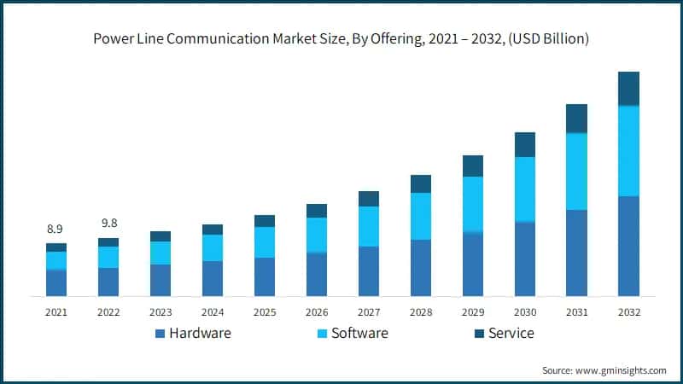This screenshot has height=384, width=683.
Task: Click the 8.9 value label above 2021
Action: coord(55,229)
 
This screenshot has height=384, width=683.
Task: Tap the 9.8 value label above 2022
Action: coord(108,223)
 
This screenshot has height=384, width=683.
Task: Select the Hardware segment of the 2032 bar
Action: coord(628,246)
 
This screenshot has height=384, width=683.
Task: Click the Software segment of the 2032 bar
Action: coord(628,151)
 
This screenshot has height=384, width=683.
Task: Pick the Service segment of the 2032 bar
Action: coord(628,89)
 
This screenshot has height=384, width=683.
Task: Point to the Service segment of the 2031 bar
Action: coord(576,119)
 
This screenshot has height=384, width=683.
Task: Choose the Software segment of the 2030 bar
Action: coord(524,189)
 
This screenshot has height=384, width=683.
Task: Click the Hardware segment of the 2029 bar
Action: coord(472,265)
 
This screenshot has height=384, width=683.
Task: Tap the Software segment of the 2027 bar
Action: coord(368,226)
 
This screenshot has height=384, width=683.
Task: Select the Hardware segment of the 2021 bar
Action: coord(56,282)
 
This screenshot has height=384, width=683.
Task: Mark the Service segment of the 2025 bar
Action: coord(264,221)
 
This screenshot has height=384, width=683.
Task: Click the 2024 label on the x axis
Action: coord(212,312)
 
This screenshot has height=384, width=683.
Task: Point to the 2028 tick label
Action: coord(420,312)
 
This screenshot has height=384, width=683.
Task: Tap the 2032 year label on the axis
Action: coord(628,312)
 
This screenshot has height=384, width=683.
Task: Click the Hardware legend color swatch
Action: coord(160,334)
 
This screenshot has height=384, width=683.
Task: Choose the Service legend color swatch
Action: coord(478,334)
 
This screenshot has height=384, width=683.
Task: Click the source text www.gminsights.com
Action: coord(622,370)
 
